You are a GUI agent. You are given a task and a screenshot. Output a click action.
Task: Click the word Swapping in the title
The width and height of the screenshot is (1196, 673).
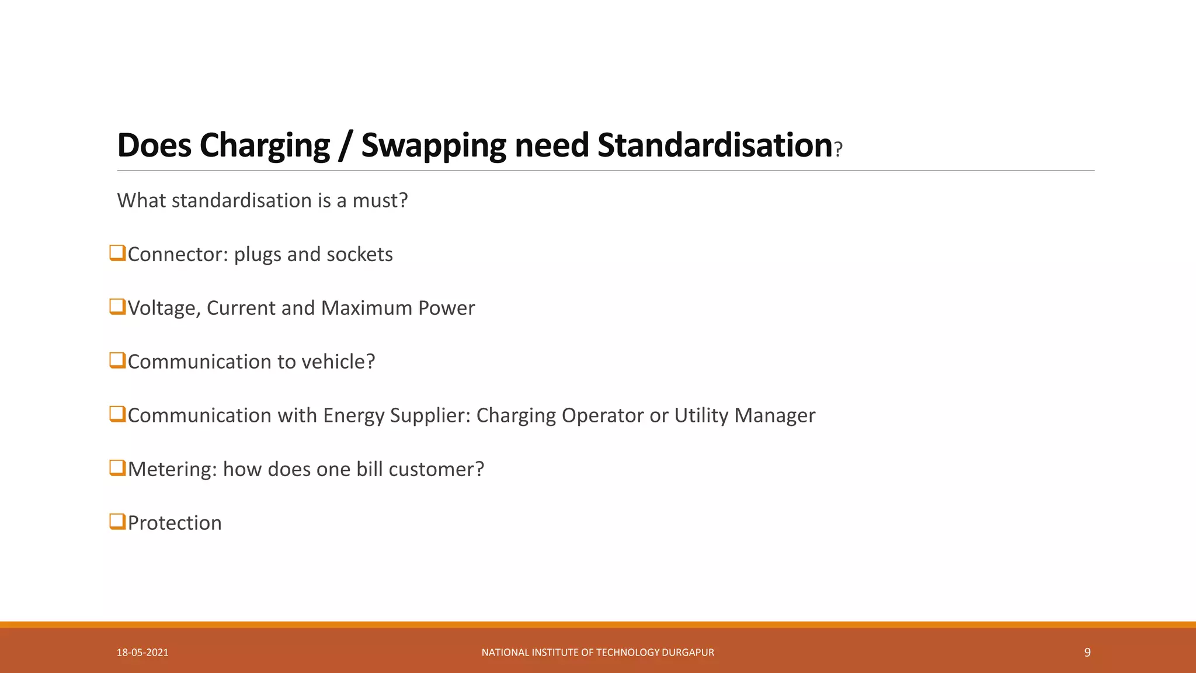point(433,145)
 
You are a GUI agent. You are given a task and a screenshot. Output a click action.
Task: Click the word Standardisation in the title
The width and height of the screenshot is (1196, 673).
point(714,145)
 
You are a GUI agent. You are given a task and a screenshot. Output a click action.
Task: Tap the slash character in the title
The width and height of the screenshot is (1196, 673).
point(345,145)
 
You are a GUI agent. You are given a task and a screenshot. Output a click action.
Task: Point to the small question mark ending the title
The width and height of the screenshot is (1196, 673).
point(839,150)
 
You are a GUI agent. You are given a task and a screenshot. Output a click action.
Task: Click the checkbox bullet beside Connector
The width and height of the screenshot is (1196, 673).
point(117,254)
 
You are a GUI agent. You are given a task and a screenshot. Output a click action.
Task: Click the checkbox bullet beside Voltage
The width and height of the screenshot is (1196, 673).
point(117,307)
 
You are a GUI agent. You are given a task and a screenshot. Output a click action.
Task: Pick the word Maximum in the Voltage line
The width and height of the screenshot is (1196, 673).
point(366,308)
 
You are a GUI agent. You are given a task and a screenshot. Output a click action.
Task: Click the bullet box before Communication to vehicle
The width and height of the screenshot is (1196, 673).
point(117,361)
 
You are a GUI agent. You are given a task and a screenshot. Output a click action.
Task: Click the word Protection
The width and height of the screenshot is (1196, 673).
point(175,523)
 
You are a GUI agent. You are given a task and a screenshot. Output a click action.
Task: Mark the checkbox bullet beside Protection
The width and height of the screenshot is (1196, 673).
point(117,522)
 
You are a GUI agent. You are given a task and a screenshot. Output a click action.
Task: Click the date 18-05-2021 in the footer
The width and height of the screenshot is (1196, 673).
point(142,653)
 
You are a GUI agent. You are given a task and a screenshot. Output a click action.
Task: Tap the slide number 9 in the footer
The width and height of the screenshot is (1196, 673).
point(1087,653)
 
